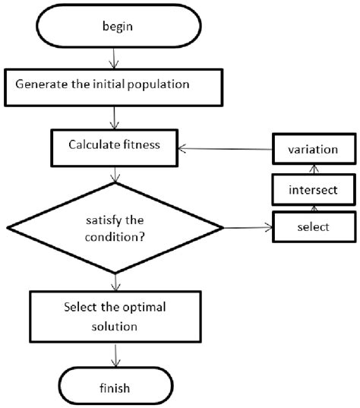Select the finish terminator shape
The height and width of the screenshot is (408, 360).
(x=115, y=387)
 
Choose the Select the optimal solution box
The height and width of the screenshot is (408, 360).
(x=115, y=316)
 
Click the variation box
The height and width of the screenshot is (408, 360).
(x=314, y=150)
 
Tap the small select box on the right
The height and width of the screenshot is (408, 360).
(x=314, y=226)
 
